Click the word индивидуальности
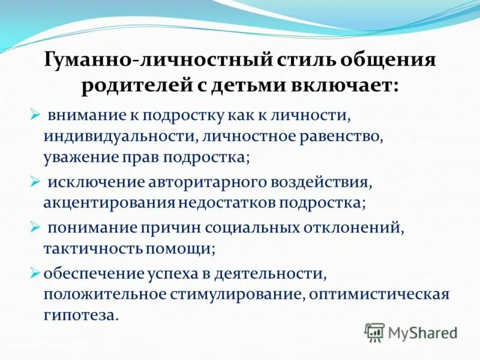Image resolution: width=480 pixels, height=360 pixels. pos(117,136)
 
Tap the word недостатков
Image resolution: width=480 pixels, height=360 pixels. pos(226,202)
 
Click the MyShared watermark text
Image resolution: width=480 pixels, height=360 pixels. pos(423,332)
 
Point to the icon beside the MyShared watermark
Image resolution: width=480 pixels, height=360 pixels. pos(374,332)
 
